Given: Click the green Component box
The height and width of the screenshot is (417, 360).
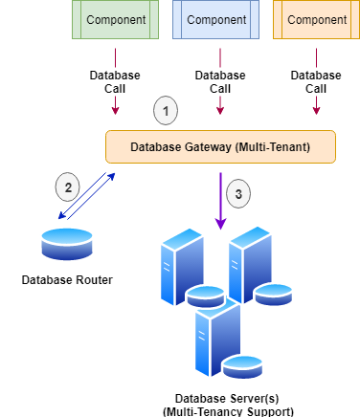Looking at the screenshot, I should pos(116,19).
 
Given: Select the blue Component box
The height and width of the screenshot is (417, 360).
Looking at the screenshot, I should pos(215,19).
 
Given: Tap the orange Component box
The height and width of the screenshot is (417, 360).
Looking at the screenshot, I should pos(316,19).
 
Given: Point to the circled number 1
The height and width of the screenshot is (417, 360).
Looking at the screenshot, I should pos(167,111).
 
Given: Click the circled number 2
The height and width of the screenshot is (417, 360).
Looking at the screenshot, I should pos(67,187).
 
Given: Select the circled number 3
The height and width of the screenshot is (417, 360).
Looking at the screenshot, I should pos(239,193).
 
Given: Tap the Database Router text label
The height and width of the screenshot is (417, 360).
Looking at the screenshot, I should pos(67,280).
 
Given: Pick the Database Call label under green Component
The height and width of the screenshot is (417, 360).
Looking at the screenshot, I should pos(116,81).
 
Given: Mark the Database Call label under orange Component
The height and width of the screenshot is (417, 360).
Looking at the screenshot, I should pos(316,81).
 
